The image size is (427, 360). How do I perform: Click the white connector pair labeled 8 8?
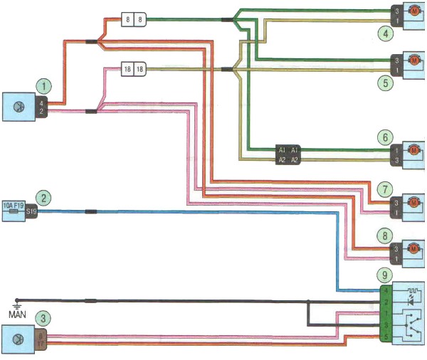[134, 19]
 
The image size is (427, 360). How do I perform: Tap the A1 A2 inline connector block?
[289, 155]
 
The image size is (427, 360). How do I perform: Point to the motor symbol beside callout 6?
[413, 151]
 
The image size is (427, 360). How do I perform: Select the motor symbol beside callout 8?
[413, 249]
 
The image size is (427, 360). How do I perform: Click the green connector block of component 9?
[385, 314]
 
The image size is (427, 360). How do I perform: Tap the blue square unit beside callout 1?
[20, 107]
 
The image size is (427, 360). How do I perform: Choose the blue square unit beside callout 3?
[20, 339]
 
